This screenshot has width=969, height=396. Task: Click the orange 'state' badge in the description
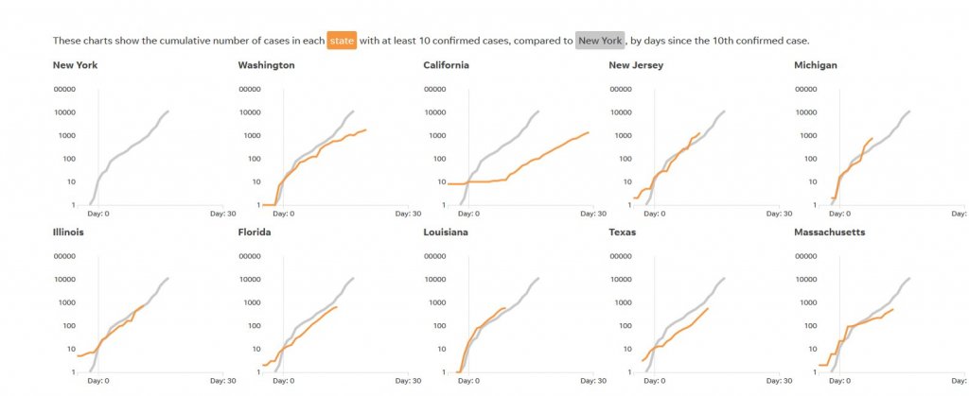click(x=342, y=41)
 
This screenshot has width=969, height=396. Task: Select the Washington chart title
click(x=266, y=65)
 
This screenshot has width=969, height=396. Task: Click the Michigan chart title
click(x=816, y=65)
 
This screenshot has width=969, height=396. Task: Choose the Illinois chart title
click(x=68, y=232)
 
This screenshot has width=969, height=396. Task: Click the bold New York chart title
click(x=75, y=65)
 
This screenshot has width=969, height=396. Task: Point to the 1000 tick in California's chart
click(x=437, y=135)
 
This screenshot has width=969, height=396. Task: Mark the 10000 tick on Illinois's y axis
click(x=63, y=280)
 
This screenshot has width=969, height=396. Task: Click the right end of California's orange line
click(x=589, y=132)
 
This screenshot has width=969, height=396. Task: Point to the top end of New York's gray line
click(x=168, y=112)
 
